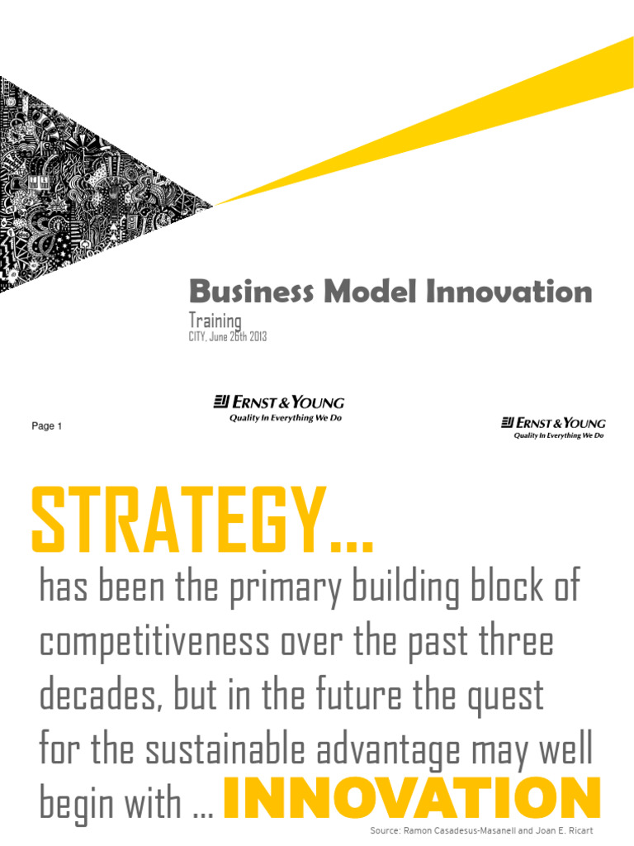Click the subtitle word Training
(x=215, y=321)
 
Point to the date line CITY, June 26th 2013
(x=228, y=337)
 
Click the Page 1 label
(x=47, y=426)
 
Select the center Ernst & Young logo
(x=279, y=408)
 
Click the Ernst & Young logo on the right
(x=553, y=428)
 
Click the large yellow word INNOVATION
(x=411, y=800)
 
